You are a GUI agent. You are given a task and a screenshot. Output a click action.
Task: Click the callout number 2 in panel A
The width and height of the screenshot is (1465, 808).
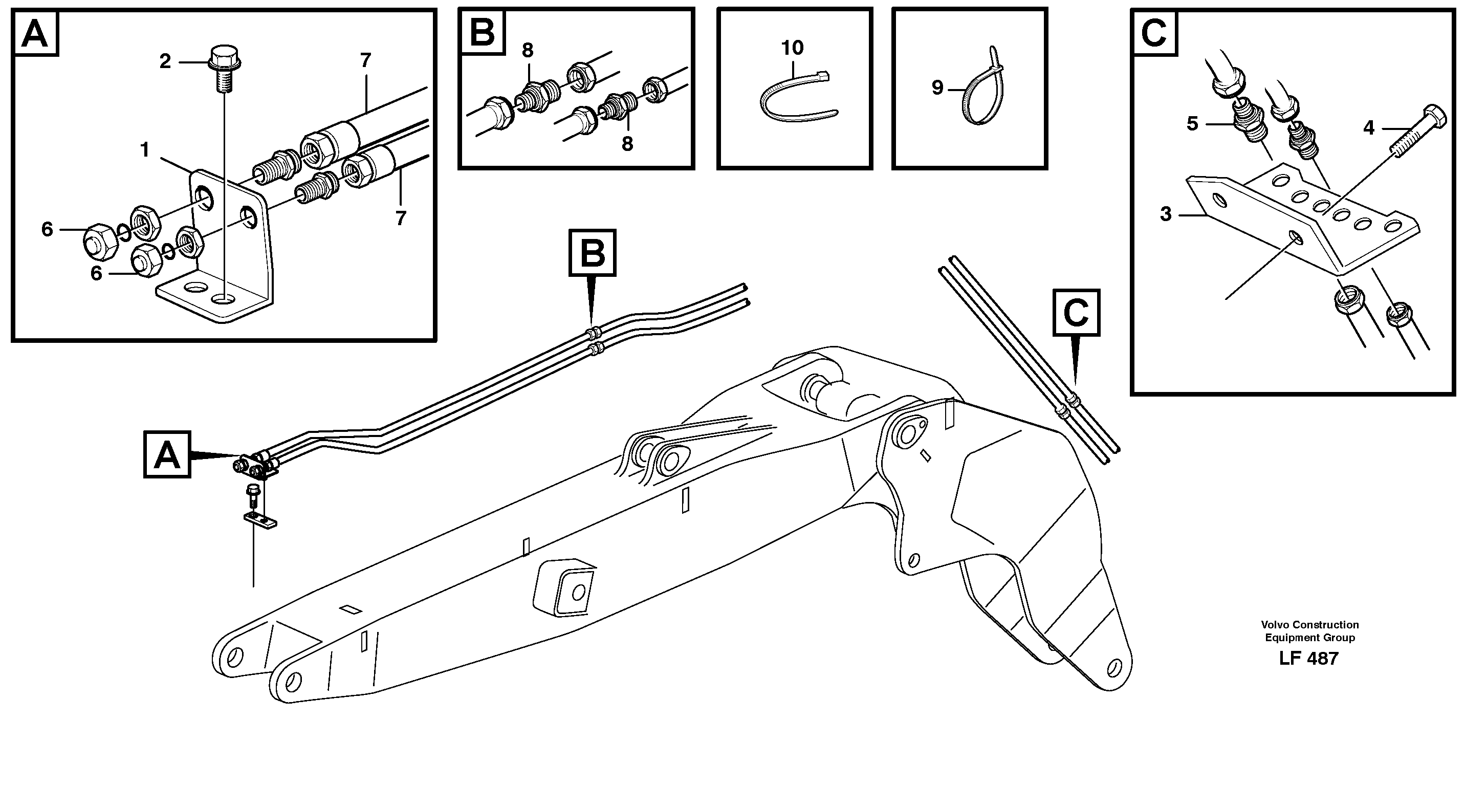(x=165, y=61)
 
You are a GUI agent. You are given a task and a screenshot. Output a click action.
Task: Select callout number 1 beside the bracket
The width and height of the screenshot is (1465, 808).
(x=145, y=150)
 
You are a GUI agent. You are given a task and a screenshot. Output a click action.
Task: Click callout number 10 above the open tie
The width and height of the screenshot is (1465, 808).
(x=792, y=48)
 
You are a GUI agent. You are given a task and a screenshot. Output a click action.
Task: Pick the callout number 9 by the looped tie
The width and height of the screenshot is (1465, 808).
(x=937, y=88)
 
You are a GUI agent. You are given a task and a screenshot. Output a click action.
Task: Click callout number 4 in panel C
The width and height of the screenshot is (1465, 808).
(x=1369, y=128)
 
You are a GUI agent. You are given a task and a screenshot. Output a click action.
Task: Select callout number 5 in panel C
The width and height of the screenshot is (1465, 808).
(x=1192, y=123)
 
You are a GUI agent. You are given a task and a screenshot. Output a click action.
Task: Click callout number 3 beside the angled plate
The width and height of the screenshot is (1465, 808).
(x=1166, y=214)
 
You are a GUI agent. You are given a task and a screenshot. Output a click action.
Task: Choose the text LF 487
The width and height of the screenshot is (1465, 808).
(x=1308, y=659)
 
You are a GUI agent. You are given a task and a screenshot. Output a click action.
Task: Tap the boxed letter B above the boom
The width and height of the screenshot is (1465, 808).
(x=592, y=253)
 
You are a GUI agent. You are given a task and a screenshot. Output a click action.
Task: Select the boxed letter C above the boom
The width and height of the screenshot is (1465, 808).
(x=1076, y=312)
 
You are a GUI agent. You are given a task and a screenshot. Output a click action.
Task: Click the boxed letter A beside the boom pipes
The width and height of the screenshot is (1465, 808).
(x=167, y=455)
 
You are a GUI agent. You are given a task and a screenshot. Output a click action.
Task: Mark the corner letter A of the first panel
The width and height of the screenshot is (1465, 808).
(x=35, y=34)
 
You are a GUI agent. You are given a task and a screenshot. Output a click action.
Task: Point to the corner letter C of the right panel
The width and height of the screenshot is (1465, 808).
(x=1154, y=33)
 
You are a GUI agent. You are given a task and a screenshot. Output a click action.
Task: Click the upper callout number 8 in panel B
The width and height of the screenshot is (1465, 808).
(x=528, y=51)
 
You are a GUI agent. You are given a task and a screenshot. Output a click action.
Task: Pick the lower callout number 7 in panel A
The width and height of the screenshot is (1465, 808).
(x=401, y=219)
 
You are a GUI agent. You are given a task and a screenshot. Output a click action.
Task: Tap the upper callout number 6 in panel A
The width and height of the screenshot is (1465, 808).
(x=47, y=230)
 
